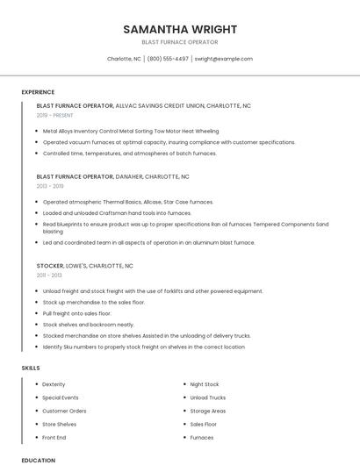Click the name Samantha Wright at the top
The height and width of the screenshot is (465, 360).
click(x=179, y=28)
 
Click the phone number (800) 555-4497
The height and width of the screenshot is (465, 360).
click(x=168, y=59)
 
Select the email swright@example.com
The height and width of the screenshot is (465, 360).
click(x=223, y=59)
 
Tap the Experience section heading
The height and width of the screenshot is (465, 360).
click(x=38, y=92)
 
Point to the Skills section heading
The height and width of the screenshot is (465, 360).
click(x=31, y=368)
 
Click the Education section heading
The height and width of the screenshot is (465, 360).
click(x=38, y=460)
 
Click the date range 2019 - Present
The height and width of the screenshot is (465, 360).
click(x=55, y=115)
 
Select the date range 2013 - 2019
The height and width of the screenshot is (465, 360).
click(x=50, y=186)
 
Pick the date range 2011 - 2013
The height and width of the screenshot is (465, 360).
click(x=49, y=275)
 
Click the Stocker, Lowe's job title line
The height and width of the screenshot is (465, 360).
click(x=84, y=265)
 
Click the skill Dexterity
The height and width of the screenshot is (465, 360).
click(x=54, y=384)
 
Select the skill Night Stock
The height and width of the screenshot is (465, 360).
click(x=205, y=384)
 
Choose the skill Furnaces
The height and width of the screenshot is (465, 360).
click(x=202, y=437)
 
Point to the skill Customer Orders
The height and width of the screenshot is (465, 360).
click(x=64, y=411)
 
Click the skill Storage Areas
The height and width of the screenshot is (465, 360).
click(x=208, y=411)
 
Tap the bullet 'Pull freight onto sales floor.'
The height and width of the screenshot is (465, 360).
click(x=77, y=313)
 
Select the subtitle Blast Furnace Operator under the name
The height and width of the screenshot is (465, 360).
click(x=179, y=42)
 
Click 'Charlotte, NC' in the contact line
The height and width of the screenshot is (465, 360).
click(x=124, y=59)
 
